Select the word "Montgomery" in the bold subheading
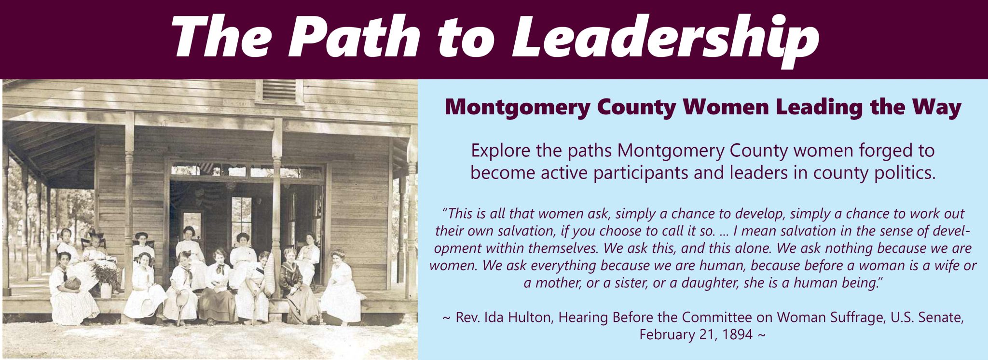point(517,108)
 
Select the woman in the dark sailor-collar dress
point(298,285)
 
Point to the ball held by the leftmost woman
point(72,283)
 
